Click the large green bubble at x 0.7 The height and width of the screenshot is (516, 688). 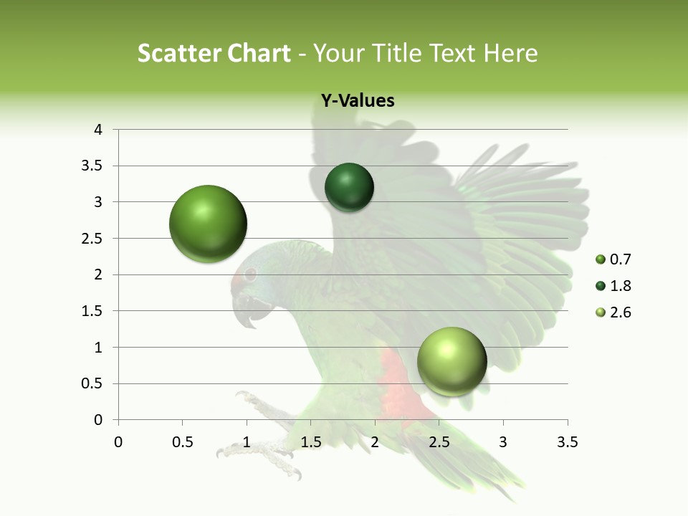[209, 224]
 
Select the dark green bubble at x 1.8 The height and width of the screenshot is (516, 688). [349, 187]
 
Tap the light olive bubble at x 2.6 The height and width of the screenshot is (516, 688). [451, 361]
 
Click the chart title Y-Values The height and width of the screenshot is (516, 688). [358, 101]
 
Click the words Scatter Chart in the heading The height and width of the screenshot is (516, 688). [214, 53]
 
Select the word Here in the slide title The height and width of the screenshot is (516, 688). [511, 53]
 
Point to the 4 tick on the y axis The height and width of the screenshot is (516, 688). [98, 130]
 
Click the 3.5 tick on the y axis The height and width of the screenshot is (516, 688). [92, 166]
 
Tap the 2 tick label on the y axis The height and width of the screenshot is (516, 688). [98, 274]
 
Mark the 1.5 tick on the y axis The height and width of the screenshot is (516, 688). [92, 311]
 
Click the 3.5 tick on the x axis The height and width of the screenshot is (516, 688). [568, 442]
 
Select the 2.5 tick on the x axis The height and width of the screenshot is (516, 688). [439, 442]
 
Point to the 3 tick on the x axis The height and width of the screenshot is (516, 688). [503, 442]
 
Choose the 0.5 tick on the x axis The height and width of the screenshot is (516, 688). [182, 442]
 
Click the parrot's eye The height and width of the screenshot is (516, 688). [250, 274]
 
